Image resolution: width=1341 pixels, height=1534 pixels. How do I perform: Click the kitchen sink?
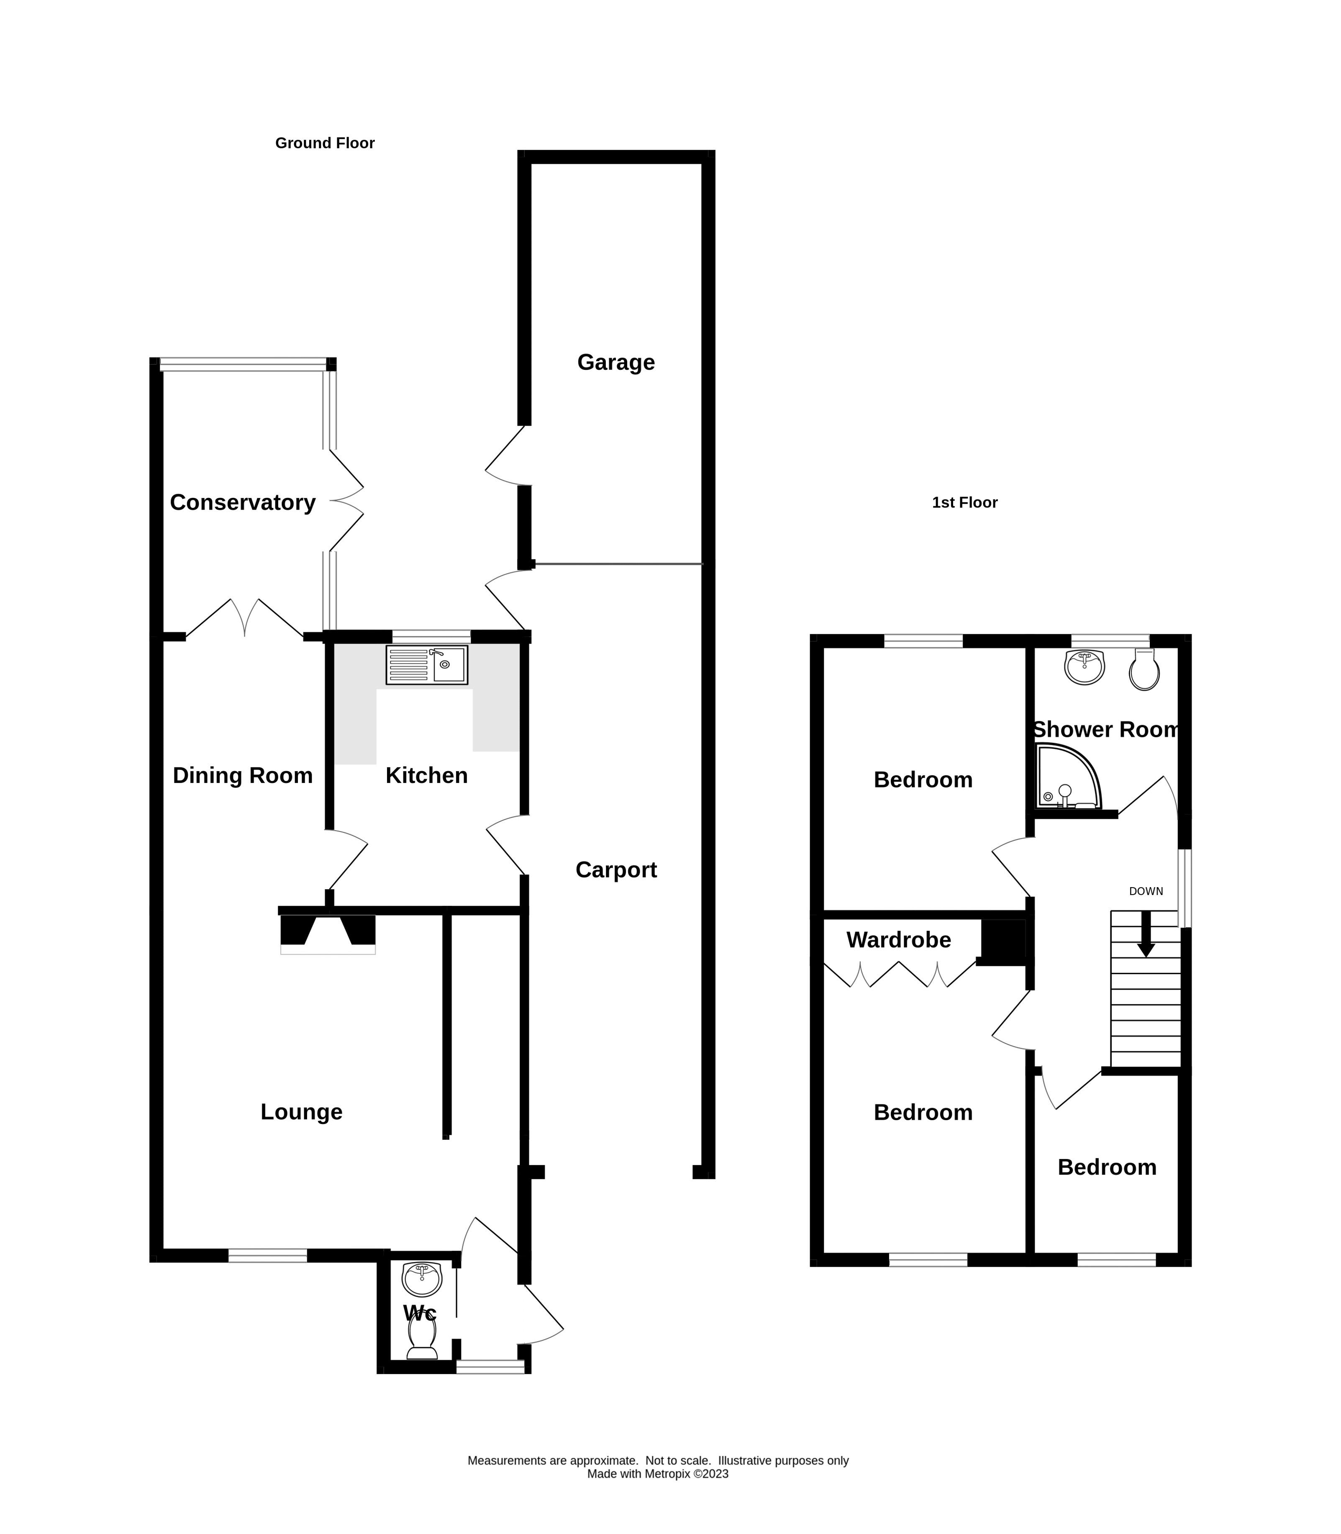[x=426, y=665]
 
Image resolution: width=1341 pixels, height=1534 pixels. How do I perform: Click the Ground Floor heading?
[x=325, y=143]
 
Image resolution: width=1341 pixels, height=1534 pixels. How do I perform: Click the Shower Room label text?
[x=1105, y=730]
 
